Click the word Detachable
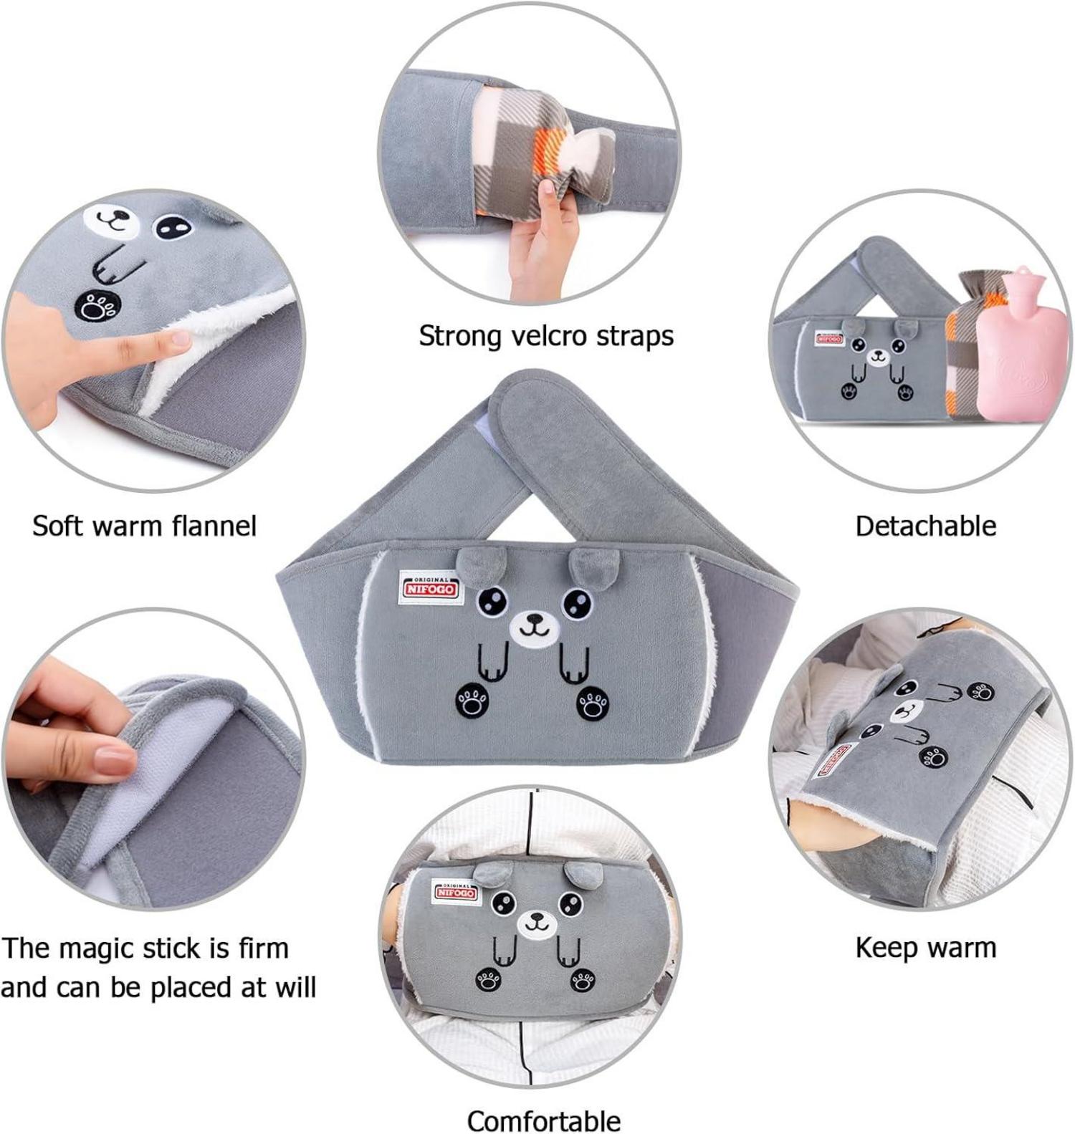(x=925, y=526)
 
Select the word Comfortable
(x=544, y=1120)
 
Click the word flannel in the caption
(x=214, y=526)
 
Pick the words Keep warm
(x=925, y=948)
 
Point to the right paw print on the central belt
(x=593, y=703)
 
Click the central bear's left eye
(x=492, y=600)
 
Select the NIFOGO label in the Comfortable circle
(x=457, y=893)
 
